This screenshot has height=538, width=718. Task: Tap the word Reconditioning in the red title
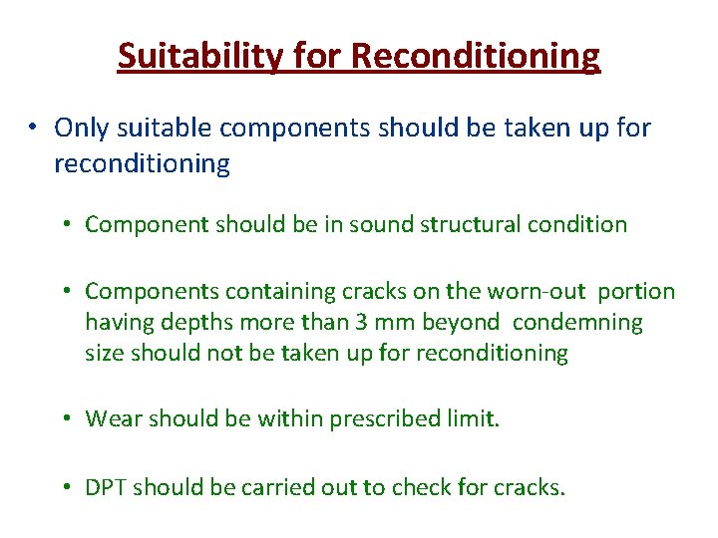(476, 56)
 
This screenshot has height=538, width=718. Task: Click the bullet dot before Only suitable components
(33, 128)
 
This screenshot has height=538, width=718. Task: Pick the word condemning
(580, 323)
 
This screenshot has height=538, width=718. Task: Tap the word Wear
(110, 418)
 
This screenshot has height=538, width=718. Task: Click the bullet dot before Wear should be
(63, 418)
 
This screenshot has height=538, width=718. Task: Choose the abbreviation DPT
(106, 487)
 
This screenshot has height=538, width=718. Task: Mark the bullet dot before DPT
(63, 487)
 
